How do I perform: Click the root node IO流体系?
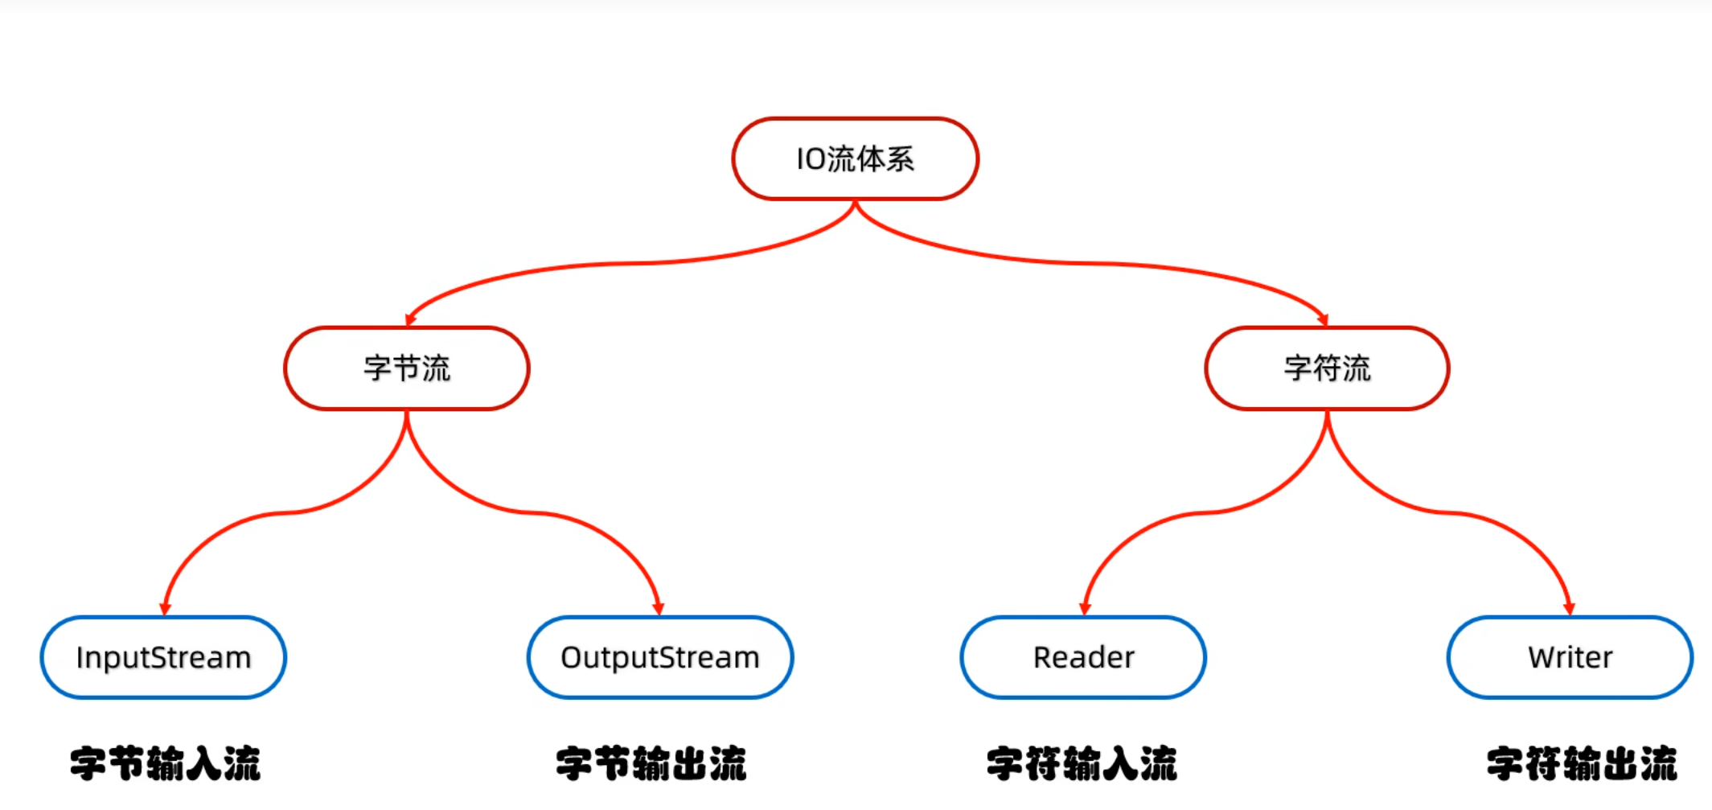coord(855,158)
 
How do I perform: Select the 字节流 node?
coord(407,368)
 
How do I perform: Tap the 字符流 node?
coord(1327,368)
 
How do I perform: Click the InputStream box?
coord(163,657)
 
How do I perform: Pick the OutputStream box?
coord(660,657)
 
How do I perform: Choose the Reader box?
coord(1083,657)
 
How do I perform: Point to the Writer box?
coord(1570,657)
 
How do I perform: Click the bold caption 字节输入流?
coord(166,763)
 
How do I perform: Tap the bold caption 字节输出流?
coord(651,763)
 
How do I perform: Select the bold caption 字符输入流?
coord(1082,763)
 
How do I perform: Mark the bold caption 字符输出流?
coord(1582,763)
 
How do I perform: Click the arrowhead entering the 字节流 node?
coord(410,320)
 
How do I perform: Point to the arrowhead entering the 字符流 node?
coord(1323,320)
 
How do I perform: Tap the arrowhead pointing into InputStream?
coord(165,609)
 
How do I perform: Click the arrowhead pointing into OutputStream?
coord(658,609)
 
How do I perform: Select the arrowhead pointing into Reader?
coord(1085,609)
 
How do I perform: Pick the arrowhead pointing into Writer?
coord(1569,609)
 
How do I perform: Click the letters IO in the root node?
coord(811,159)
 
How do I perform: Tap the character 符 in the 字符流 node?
coord(1327,368)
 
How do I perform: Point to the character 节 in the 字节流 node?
coord(407,368)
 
